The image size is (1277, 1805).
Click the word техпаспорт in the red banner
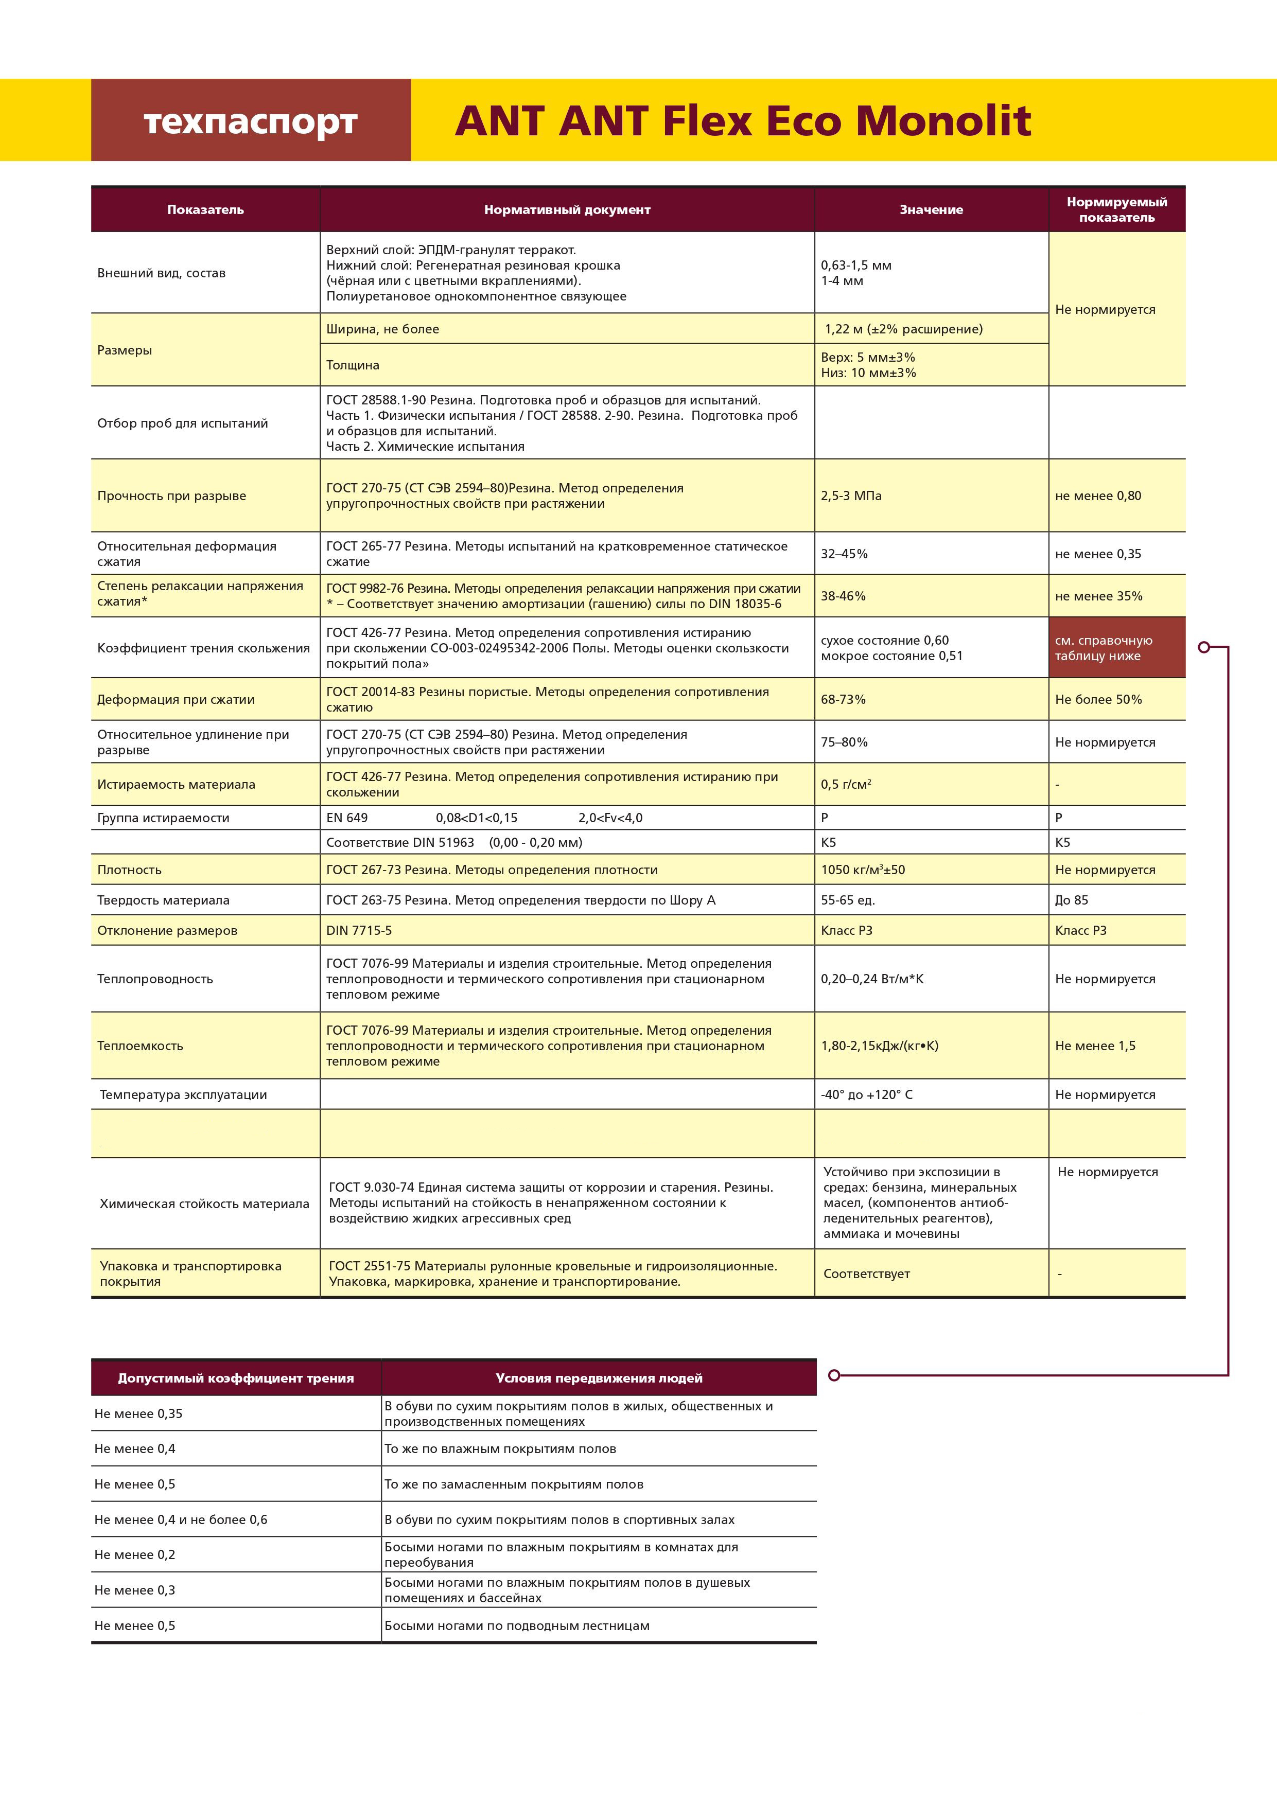point(250,122)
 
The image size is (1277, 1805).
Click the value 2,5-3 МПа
point(851,496)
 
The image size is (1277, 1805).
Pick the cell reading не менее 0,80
point(1098,496)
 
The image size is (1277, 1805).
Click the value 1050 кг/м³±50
point(863,870)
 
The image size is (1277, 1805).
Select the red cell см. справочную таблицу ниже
point(1116,648)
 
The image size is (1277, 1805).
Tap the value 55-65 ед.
point(848,900)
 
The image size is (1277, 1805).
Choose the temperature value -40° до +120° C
point(867,1095)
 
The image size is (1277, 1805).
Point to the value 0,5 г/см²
point(845,785)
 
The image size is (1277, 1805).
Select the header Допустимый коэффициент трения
point(236,1378)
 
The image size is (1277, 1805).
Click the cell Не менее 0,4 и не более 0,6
point(181,1519)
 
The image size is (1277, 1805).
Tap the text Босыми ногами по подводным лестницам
point(517,1626)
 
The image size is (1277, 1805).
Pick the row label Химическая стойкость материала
point(204,1204)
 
